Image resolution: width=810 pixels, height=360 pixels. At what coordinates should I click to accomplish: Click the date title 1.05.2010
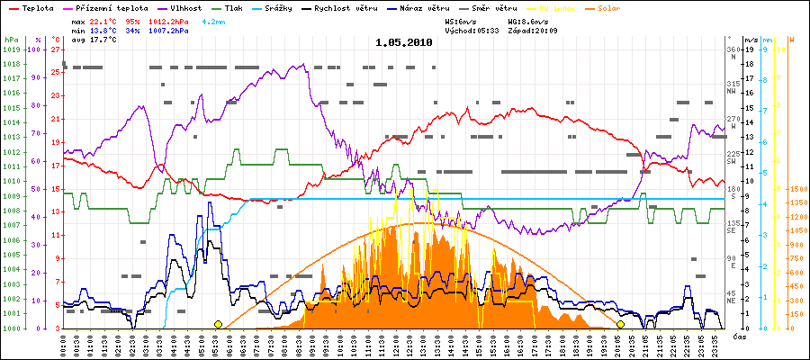[404, 42]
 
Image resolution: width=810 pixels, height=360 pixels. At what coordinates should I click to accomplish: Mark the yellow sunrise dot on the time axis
[218, 324]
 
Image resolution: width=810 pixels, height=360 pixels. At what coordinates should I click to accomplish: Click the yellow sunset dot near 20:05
[620, 324]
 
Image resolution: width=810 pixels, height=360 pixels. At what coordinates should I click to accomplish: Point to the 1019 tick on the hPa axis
[10, 50]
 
